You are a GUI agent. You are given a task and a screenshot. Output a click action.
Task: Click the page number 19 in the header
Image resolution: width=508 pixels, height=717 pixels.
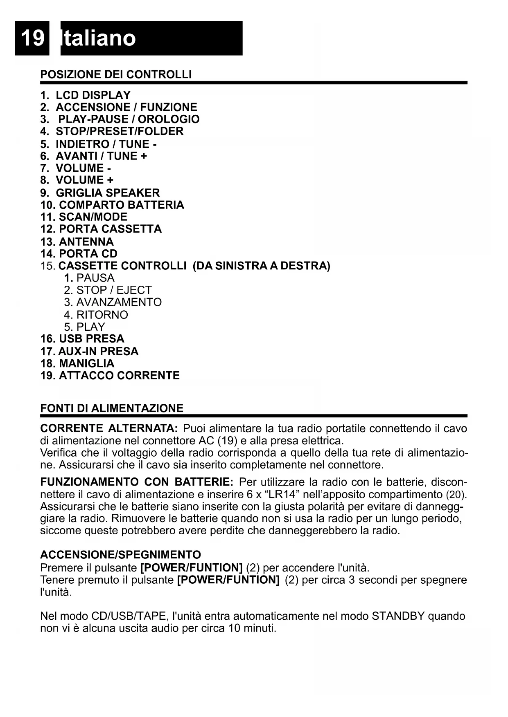coord(32,38)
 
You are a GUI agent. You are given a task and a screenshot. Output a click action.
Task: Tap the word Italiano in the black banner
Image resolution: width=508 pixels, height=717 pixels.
coord(98,38)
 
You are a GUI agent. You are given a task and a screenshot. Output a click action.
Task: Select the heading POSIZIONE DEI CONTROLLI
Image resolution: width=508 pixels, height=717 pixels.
coord(116,74)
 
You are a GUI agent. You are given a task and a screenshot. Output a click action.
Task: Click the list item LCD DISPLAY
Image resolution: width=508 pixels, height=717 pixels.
coord(93,95)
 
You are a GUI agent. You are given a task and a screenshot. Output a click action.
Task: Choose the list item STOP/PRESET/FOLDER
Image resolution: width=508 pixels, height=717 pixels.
coord(120,131)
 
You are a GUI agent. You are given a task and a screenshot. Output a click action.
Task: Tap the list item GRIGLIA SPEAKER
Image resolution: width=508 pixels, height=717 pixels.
coord(108,193)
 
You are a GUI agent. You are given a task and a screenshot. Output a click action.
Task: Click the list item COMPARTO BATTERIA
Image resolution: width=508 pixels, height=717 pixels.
coord(122,205)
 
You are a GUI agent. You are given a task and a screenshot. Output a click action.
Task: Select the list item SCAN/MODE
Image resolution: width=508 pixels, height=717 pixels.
coord(93,217)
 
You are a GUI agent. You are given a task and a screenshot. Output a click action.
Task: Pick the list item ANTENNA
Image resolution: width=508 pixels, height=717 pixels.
coord(86,242)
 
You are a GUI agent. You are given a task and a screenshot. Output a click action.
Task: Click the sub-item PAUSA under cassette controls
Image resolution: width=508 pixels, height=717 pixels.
coord(95,278)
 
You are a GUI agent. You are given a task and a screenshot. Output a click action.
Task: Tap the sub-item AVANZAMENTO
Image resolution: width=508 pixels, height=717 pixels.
coord(119,302)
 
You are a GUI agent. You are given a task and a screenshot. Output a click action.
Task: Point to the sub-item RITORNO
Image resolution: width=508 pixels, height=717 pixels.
coord(102,315)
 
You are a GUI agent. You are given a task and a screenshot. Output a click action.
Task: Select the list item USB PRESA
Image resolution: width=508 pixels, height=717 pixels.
coord(91,339)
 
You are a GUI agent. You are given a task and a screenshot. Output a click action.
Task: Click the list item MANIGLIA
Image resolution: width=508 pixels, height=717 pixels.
coord(86,363)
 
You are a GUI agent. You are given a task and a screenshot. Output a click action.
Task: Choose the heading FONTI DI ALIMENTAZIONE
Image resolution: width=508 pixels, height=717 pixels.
coord(112,408)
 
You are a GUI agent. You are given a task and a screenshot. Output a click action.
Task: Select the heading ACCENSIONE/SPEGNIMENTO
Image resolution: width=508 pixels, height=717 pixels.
coord(121,555)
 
